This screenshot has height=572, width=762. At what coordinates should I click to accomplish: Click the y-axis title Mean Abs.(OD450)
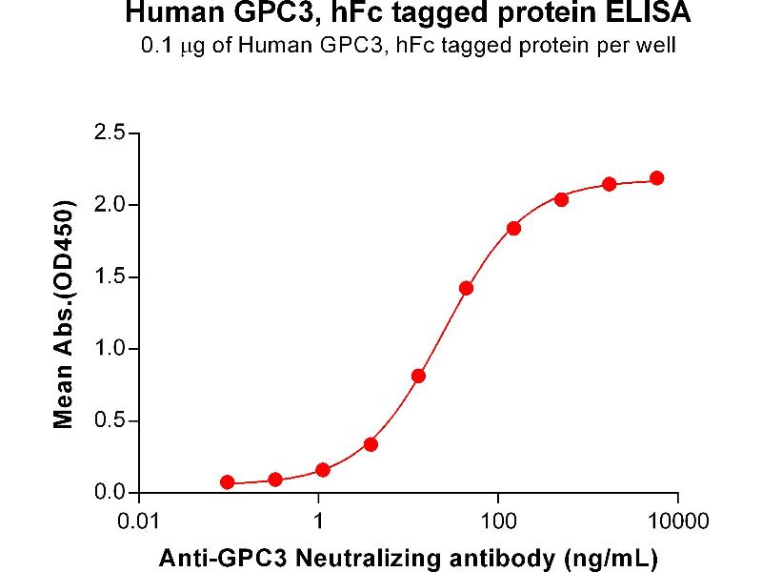coord(66,314)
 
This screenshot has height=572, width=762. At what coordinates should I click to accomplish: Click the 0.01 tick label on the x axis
coord(140,522)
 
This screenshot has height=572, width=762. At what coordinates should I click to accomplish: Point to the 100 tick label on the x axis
coord(497,522)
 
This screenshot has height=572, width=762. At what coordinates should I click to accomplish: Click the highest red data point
coord(656,178)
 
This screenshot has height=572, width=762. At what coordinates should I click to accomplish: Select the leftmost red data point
coord(227,482)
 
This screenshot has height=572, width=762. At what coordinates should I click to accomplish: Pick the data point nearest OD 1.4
coord(466,288)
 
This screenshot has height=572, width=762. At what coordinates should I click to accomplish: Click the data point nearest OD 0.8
coord(418,376)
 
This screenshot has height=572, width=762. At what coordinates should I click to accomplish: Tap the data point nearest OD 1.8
coord(513,228)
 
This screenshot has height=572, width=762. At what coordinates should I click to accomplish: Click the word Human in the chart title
coord(165,15)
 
